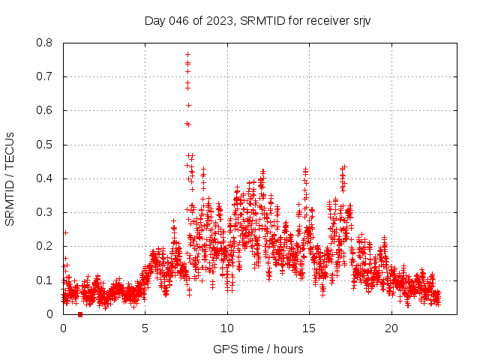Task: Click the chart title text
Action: click(x=257, y=20)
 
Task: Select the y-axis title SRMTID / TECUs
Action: click(x=10, y=178)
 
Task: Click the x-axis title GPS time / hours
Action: click(x=258, y=349)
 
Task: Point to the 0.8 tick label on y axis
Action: click(x=46, y=43)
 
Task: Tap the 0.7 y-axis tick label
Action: click(x=46, y=76)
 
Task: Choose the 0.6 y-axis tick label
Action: click(x=46, y=110)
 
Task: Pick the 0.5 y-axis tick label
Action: click(x=46, y=145)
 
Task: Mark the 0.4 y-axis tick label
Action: click(x=46, y=178)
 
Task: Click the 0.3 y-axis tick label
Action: click(x=46, y=212)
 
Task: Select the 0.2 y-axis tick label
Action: click(x=46, y=246)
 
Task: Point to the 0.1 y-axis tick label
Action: click(x=46, y=280)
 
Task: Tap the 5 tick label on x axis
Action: click(x=145, y=328)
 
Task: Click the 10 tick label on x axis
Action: click(x=226, y=328)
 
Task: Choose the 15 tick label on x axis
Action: click(x=308, y=328)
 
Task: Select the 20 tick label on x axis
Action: click(x=390, y=328)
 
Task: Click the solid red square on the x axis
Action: click(x=80, y=314)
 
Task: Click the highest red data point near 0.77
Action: click(x=187, y=54)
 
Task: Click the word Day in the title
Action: click(x=154, y=20)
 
